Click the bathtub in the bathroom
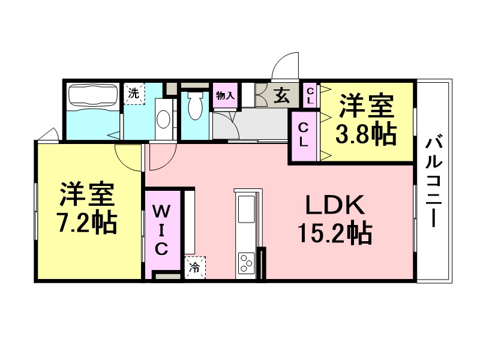point(93,95)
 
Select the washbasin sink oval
point(163,119)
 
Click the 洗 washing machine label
point(133,94)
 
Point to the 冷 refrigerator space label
point(194,268)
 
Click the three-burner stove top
point(247,262)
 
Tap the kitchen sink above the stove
point(247,209)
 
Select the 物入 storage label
point(226,96)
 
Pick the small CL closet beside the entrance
point(310,95)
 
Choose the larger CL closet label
point(303,136)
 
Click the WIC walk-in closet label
point(161,230)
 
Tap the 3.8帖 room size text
point(366,135)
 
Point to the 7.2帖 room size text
point(87,222)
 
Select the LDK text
point(335,205)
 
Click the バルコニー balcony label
point(434,182)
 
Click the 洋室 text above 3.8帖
point(366,106)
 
